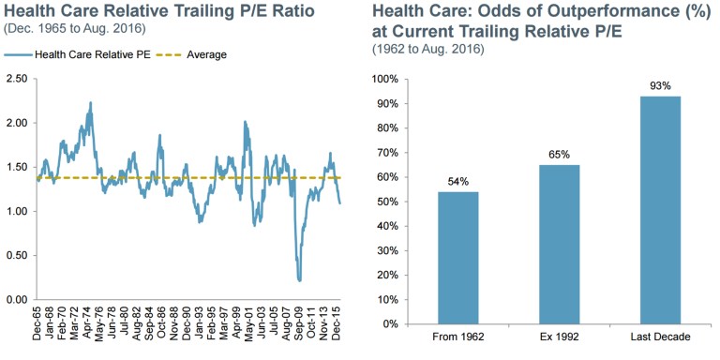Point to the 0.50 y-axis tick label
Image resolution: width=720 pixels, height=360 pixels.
(x=17, y=255)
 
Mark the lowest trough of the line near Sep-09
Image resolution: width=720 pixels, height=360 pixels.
(x=299, y=279)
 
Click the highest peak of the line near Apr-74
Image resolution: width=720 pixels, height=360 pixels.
(x=90, y=103)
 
